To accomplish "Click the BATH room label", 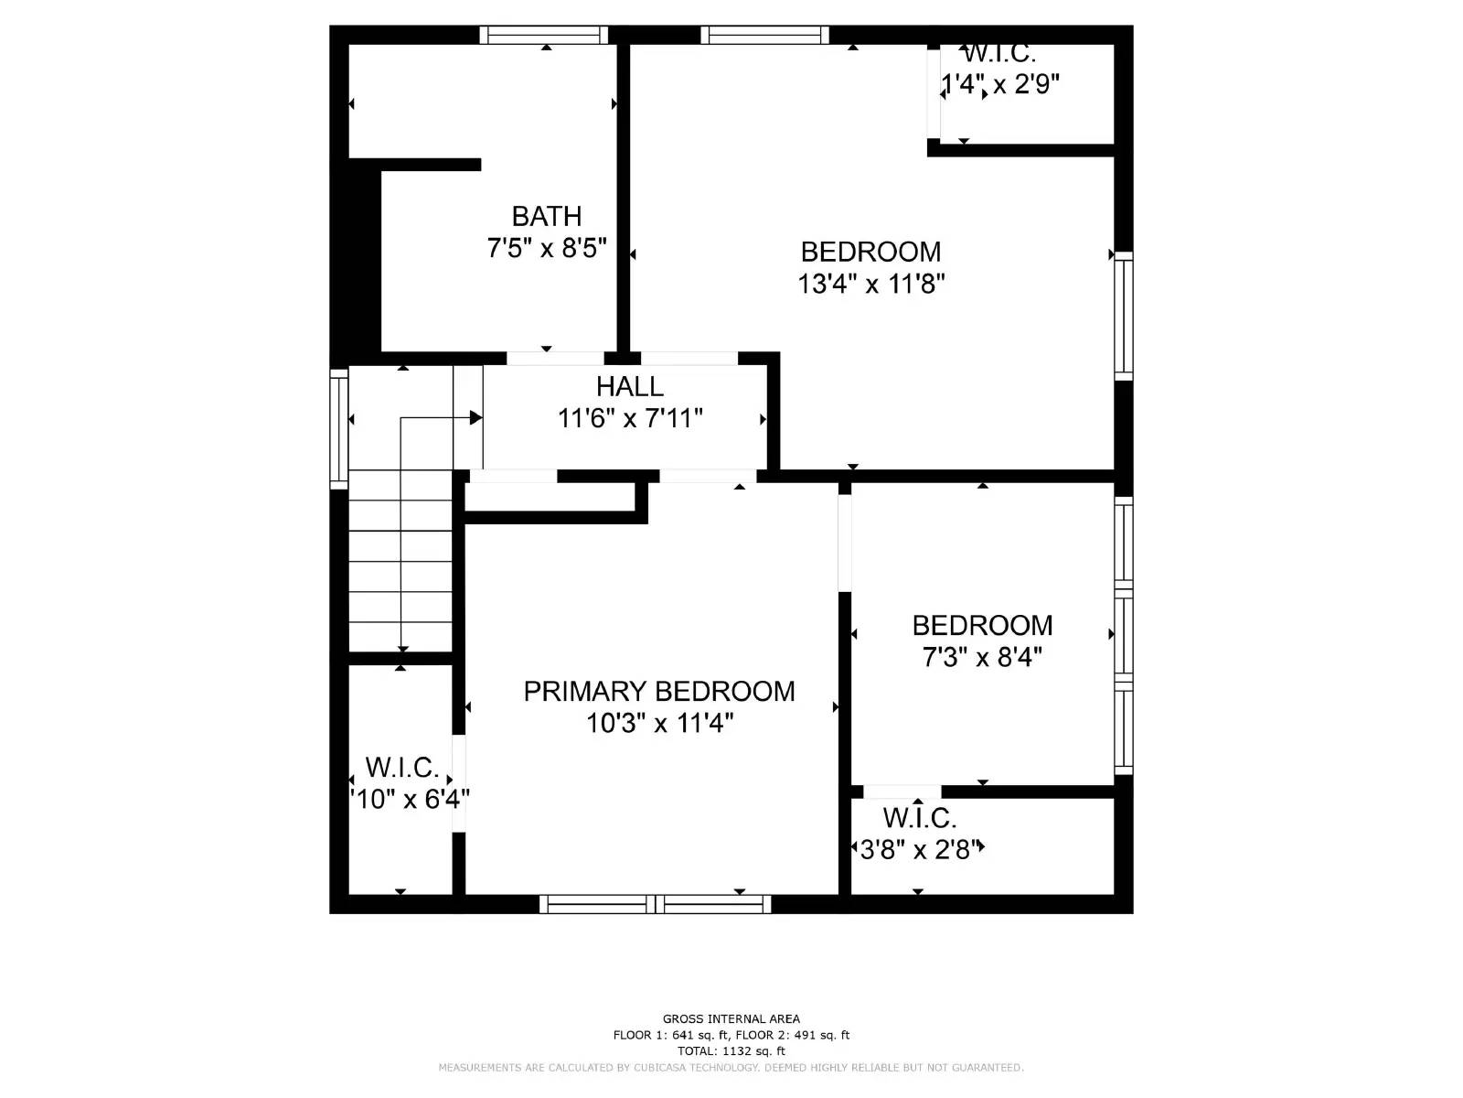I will (546, 216).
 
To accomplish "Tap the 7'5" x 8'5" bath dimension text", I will (546, 248).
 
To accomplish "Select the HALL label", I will (629, 386).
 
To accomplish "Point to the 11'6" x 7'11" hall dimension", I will (629, 418).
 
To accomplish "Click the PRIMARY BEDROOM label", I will (658, 691).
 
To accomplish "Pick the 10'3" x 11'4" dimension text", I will (658, 724).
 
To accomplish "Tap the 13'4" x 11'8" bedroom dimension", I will (870, 284).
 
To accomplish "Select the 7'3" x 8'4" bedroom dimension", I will (982, 657).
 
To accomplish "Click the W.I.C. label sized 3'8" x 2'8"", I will (919, 817).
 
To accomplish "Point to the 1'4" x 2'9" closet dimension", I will (1000, 85).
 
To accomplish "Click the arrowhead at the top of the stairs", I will (475, 418).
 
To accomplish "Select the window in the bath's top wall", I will (544, 35).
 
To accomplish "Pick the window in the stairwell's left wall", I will (338, 427).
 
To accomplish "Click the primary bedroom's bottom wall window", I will (655, 904).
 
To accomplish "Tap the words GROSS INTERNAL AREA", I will (731, 1018).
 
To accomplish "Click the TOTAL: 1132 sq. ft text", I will (731, 1051).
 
